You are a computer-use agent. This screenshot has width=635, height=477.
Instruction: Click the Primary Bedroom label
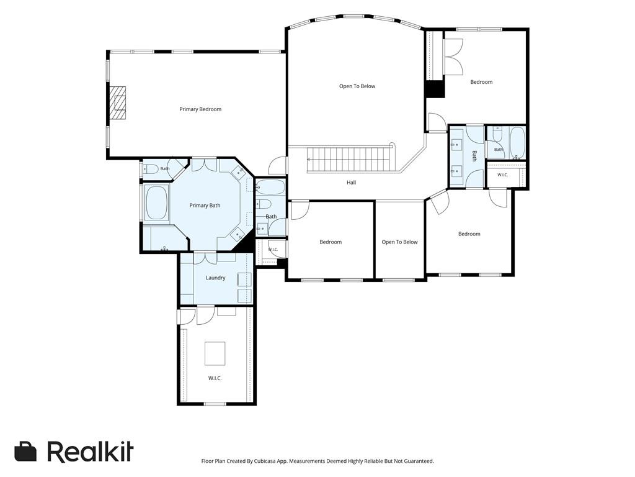[200, 109]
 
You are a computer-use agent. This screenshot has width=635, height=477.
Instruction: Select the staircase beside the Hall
[350, 160]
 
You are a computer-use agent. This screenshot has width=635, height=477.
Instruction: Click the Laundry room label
[215, 278]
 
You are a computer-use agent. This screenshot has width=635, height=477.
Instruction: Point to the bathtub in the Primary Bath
[156, 203]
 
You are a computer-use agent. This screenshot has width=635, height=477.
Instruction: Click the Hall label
[352, 183]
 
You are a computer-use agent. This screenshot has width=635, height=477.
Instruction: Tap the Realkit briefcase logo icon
[25, 451]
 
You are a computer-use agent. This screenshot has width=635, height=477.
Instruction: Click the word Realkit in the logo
[91, 451]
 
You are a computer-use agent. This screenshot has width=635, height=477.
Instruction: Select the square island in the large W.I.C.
[215, 353]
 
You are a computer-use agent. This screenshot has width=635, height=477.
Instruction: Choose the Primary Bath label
[205, 206]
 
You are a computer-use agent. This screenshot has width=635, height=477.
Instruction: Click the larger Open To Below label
[357, 86]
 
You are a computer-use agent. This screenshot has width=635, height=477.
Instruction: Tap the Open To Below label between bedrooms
[400, 242]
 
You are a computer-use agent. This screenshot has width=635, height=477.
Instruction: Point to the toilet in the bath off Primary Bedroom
[151, 169]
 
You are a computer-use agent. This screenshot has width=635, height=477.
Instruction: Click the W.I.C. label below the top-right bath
[502, 175]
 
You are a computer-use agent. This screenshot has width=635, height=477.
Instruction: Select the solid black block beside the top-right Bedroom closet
[435, 89]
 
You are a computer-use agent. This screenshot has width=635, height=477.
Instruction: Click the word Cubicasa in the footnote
[265, 461]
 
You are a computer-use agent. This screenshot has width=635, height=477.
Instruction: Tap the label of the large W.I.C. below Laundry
[215, 378]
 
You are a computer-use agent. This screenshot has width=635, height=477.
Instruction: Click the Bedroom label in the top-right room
[481, 82]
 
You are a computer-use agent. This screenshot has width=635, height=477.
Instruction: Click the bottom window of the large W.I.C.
[215, 404]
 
